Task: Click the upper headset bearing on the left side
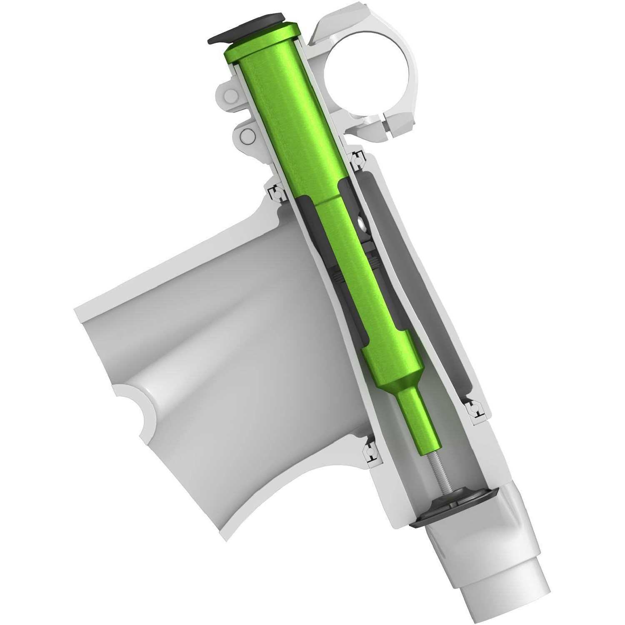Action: tap(275, 192)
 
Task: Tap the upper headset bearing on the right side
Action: tap(357, 161)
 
